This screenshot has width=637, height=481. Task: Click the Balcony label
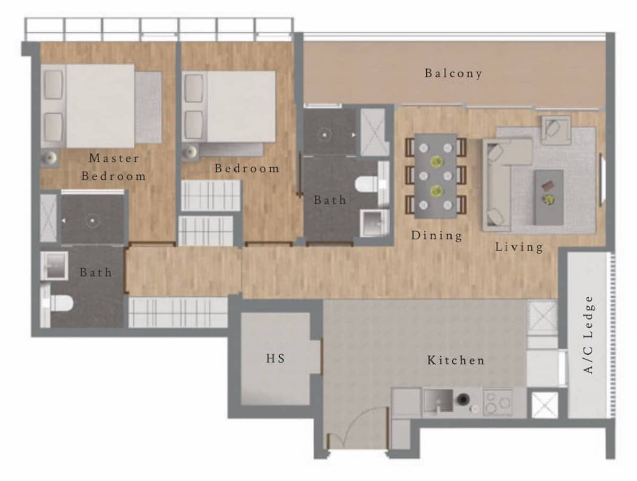coord(453,73)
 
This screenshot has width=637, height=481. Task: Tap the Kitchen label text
coord(455,360)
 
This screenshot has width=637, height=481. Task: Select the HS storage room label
coord(276,358)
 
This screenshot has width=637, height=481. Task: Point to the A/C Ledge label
coord(588,335)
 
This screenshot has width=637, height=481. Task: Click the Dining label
coord(437,236)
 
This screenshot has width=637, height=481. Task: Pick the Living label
coord(519,247)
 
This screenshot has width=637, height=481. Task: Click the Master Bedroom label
coord(114,167)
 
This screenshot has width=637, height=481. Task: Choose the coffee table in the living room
coord(549,197)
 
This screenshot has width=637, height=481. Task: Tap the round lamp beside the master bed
coord(49,158)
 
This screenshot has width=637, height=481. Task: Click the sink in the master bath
coord(54,266)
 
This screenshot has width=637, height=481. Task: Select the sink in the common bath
coord(374,224)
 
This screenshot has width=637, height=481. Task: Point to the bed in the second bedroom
coord(229,107)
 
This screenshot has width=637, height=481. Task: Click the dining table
coord(435,176)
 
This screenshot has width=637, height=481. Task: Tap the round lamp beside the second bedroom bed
coord(191,151)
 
